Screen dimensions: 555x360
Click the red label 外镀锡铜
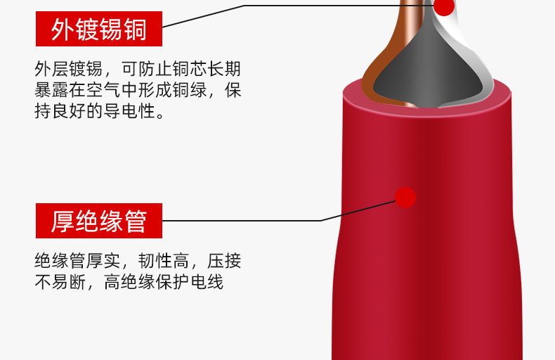pyautogui.click(x=99, y=30)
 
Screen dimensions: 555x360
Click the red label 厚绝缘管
pyautogui.click(x=99, y=221)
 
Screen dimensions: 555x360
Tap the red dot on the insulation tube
pyautogui.click(x=405, y=197)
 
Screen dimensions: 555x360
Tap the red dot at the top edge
pyautogui.click(x=444, y=6)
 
